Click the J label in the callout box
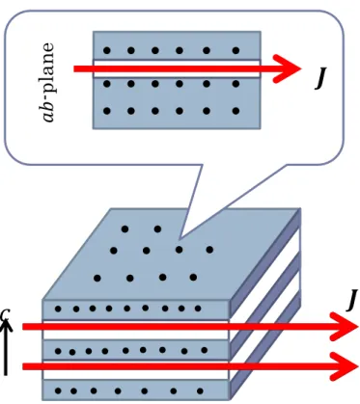click(x=320, y=78)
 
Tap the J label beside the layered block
click(x=352, y=300)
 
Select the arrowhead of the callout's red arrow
click(x=288, y=68)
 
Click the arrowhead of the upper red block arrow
click(x=345, y=327)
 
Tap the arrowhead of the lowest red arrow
click(x=345, y=366)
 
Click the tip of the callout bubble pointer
click(x=180, y=238)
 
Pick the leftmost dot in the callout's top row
click(x=107, y=50)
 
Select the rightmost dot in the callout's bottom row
click(x=235, y=111)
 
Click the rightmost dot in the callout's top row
click(x=235, y=50)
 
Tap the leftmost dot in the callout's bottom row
click(x=107, y=111)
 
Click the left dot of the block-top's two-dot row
click(x=125, y=229)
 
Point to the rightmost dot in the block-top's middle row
click(x=209, y=249)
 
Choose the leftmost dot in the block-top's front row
click(x=97, y=278)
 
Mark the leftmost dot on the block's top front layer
click(x=58, y=310)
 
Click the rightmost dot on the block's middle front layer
click(x=205, y=350)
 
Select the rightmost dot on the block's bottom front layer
click(x=200, y=391)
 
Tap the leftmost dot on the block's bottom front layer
click(x=58, y=391)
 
